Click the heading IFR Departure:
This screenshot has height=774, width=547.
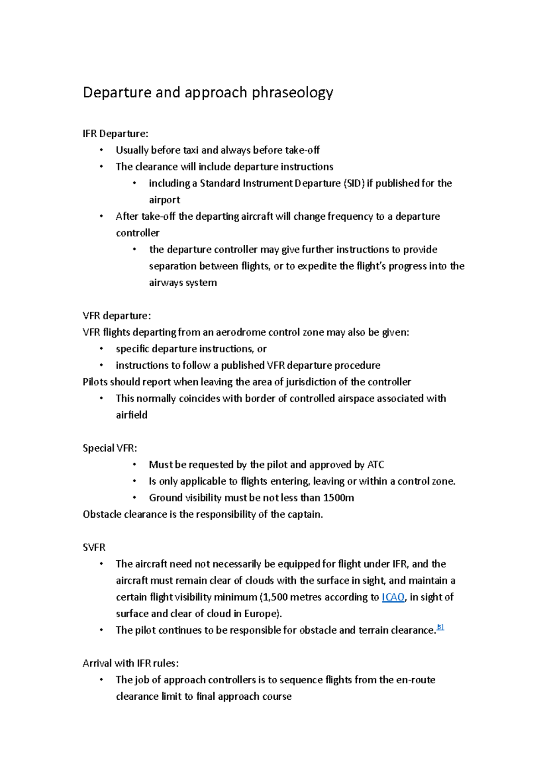(x=115, y=134)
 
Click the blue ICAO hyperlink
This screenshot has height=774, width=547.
(x=393, y=597)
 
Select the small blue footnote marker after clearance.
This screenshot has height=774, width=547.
(x=440, y=627)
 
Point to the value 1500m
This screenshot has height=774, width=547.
(x=338, y=498)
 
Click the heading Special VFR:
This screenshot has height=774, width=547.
(x=110, y=448)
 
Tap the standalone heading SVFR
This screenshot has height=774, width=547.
(x=94, y=547)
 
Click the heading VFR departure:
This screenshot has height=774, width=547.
(x=117, y=316)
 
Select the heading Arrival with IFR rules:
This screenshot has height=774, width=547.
(x=130, y=663)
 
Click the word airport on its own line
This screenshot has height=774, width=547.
(x=165, y=200)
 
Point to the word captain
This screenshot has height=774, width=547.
(x=305, y=515)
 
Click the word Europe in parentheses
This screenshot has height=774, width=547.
(x=260, y=614)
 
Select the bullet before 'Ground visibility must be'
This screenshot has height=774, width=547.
(x=134, y=498)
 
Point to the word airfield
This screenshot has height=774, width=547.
(x=132, y=415)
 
